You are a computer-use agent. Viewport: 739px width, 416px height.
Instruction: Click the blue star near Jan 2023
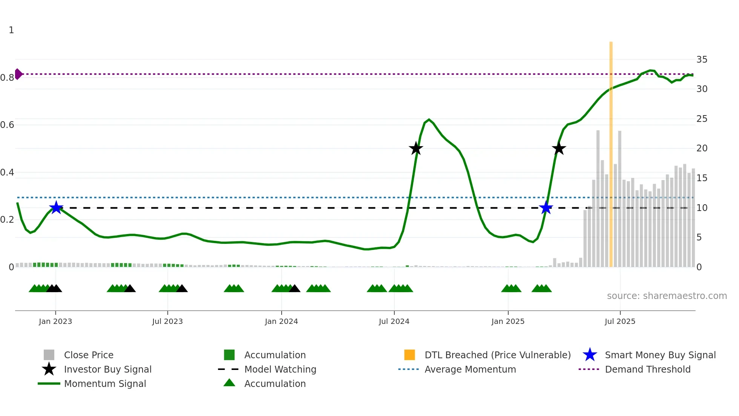tap(56, 208)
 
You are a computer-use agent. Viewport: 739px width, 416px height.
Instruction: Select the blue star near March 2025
tap(546, 208)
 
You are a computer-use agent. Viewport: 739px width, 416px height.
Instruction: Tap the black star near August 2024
tap(416, 149)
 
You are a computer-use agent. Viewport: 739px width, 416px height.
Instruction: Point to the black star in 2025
tap(559, 149)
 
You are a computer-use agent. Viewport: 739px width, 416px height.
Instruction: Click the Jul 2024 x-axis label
tap(394, 322)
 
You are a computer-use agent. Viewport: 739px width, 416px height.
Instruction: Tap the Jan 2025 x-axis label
tap(508, 322)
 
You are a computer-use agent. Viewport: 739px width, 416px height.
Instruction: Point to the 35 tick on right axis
tap(702, 60)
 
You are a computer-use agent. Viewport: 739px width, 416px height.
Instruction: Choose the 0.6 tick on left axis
tap(7, 125)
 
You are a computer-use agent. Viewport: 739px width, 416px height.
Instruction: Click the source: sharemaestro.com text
tap(667, 296)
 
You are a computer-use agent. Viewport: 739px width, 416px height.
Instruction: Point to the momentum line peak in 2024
tap(429, 119)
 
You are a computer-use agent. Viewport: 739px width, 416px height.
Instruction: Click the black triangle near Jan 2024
tap(294, 289)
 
